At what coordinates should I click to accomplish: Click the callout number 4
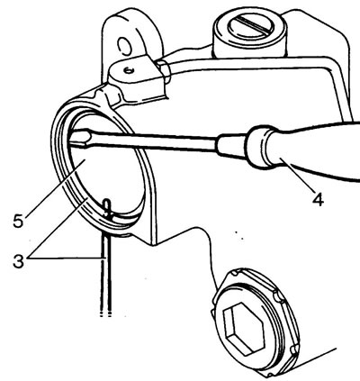[x=318, y=199]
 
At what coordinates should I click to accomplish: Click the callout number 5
[x=18, y=221]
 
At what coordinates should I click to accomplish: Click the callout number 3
[x=19, y=261]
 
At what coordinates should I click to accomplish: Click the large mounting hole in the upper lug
[x=124, y=47]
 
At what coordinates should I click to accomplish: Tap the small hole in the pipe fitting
[x=129, y=71]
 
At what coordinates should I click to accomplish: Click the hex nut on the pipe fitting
[x=163, y=71]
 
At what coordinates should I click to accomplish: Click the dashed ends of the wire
[x=105, y=314]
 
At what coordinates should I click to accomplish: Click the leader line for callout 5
[x=54, y=187]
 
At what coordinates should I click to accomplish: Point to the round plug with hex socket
[x=255, y=322]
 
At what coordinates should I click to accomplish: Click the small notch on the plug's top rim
[x=234, y=273]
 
